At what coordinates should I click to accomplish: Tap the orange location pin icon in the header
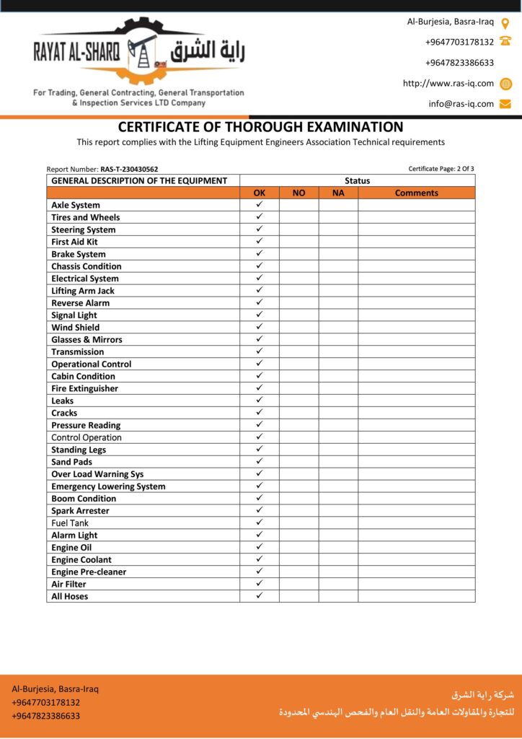click(505, 22)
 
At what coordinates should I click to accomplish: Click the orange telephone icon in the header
click(505, 42)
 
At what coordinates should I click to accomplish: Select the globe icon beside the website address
click(505, 84)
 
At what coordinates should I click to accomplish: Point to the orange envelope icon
click(505, 104)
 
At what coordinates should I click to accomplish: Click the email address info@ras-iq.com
click(461, 104)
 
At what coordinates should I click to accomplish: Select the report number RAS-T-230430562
click(129, 170)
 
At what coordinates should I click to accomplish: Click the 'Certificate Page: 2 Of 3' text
click(441, 169)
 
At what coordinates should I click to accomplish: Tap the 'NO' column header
click(298, 193)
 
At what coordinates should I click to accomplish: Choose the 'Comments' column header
click(416, 193)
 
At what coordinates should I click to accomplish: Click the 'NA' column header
click(338, 193)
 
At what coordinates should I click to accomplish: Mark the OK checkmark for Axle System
click(260, 205)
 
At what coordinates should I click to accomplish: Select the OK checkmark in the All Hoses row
click(260, 596)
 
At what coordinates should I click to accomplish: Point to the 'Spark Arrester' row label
click(80, 511)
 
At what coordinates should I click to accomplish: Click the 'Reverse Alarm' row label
click(80, 303)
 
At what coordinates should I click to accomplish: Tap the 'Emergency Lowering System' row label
click(108, 486)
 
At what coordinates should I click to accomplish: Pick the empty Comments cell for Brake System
click(416, 254)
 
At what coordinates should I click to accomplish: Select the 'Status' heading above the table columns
click(357, 181)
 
